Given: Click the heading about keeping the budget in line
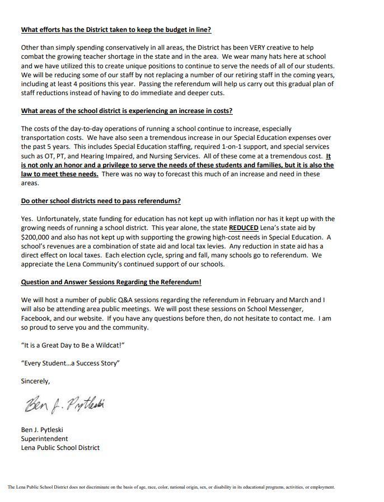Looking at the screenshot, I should click(116, 30).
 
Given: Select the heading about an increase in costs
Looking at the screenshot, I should click(127, 111).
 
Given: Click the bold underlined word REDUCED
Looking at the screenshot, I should click(243, 228).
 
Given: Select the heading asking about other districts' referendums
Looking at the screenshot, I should click(101, 201).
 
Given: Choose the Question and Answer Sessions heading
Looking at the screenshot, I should click(111, 282).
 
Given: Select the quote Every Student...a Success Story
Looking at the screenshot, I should click(70, 363).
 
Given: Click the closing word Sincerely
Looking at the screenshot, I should click(35, 381).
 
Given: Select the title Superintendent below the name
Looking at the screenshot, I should click(44, 439).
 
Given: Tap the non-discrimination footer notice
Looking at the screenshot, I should click(171, 487).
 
